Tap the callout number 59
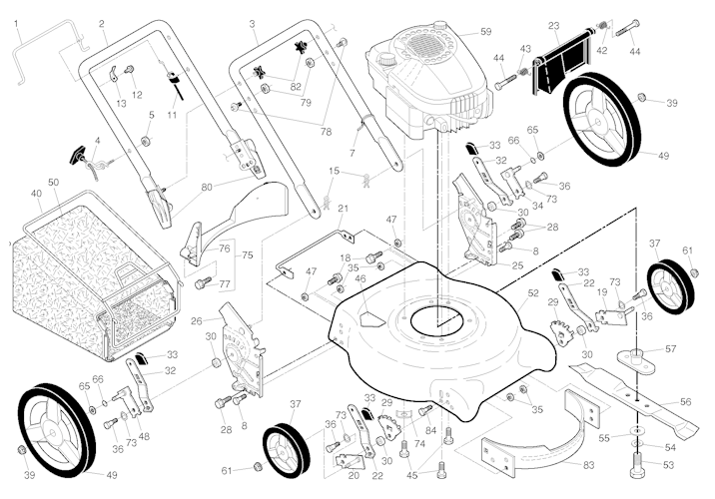(x=485, y=32)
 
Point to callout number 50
(x=53, y=183)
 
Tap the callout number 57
(x=671, y=349)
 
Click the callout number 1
(x=16, y=22)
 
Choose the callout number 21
(x=342, y=208)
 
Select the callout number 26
(x=198, y=320)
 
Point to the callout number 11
(x=172, y=115)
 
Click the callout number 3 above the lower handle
(x=252, y=22)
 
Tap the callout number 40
(x=37, y=194)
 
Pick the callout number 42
(x=601, y=50)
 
